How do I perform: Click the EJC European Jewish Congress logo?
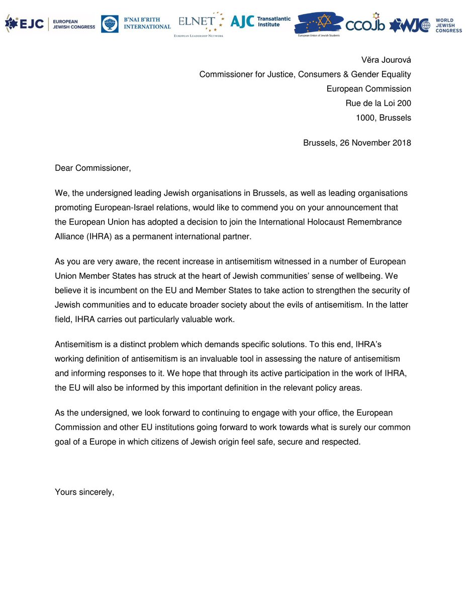(x=50, y=23)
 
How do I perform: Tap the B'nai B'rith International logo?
(x=136, y=23)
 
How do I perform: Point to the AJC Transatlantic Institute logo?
(x=260, y=22)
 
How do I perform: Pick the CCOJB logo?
(x=365, y=23)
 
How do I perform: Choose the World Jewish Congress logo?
(x=426, y=24)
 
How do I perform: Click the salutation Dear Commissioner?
(x=92, y=168)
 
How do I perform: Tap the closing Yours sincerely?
(x=84, y=492)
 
